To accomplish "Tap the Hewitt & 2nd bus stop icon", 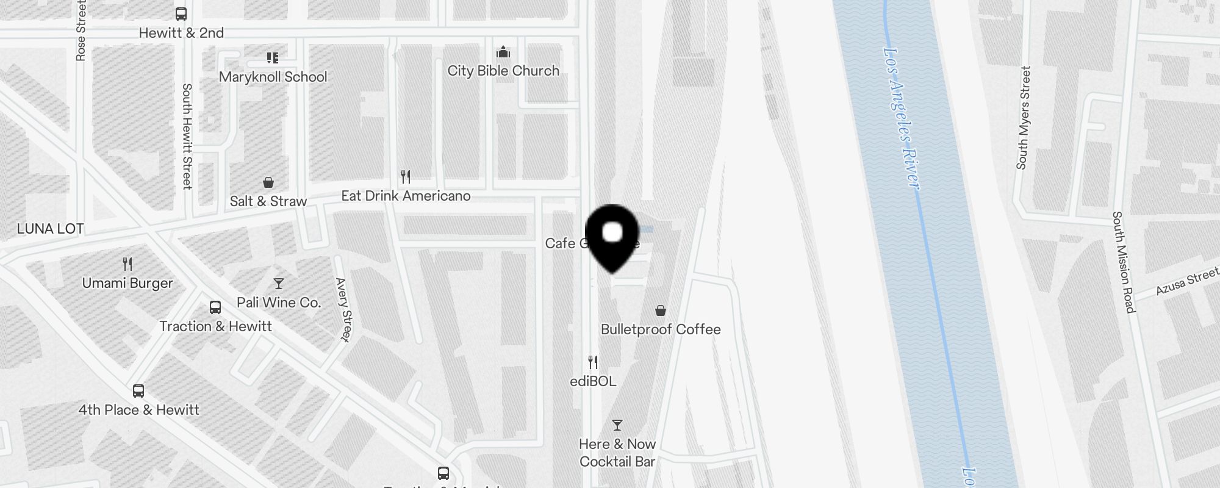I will tap(181, 13).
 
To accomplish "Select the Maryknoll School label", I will tap(273, 77).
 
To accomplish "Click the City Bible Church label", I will tap(503, 71).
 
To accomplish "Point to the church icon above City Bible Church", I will tap(503, 51).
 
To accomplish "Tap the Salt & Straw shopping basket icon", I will tap(268, 182).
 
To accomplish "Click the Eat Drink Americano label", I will tap(406, 196).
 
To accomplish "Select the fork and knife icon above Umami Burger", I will tap(127, 264).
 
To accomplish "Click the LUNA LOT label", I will tap(50, 229).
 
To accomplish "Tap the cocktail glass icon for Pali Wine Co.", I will tap(279, 284).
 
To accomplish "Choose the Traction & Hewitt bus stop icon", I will tap(215, 307).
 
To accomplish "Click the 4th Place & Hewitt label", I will tap(138, 410).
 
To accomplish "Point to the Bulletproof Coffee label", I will tap(661, 329).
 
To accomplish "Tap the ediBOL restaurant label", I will tap(593, 381).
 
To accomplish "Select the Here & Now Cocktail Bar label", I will tap(617, 453).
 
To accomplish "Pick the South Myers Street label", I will tap(1024, 118).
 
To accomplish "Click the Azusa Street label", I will tap(1186, 282).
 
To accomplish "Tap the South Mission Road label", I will tap(1123, 262).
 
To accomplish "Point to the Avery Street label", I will tap(344, 309).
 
